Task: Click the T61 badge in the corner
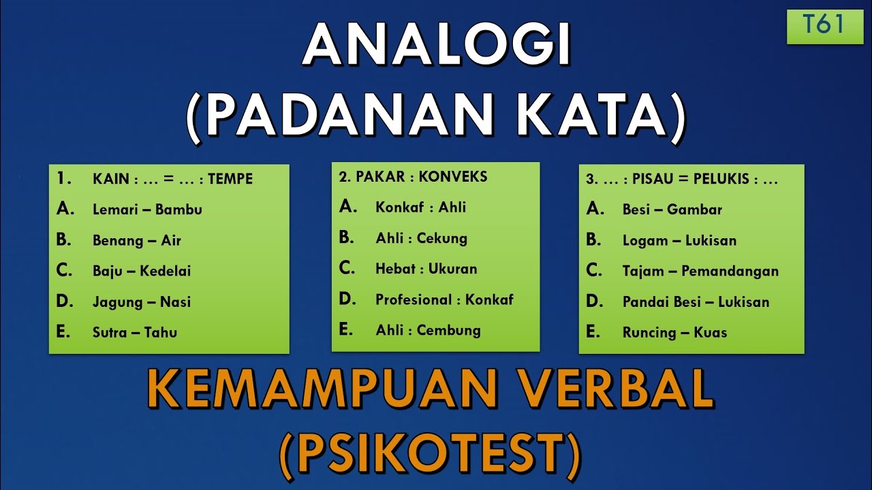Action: (825, 26)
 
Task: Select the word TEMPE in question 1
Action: (230, 179)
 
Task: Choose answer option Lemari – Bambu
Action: (147, 210)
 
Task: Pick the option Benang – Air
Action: (136, 240)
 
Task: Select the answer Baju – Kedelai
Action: (142, 271)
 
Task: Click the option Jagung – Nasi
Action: (142, 301)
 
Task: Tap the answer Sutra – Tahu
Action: (135, 332)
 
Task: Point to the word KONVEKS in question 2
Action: (453, 177)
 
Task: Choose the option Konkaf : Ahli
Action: (420, 208)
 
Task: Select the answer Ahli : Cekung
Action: (421, 238)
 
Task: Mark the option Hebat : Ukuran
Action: (426, 269)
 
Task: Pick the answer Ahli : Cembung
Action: (428, 330)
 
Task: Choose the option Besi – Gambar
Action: (672, 210)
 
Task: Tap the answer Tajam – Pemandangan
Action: (700, 271)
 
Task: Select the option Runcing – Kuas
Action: (674, 332)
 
